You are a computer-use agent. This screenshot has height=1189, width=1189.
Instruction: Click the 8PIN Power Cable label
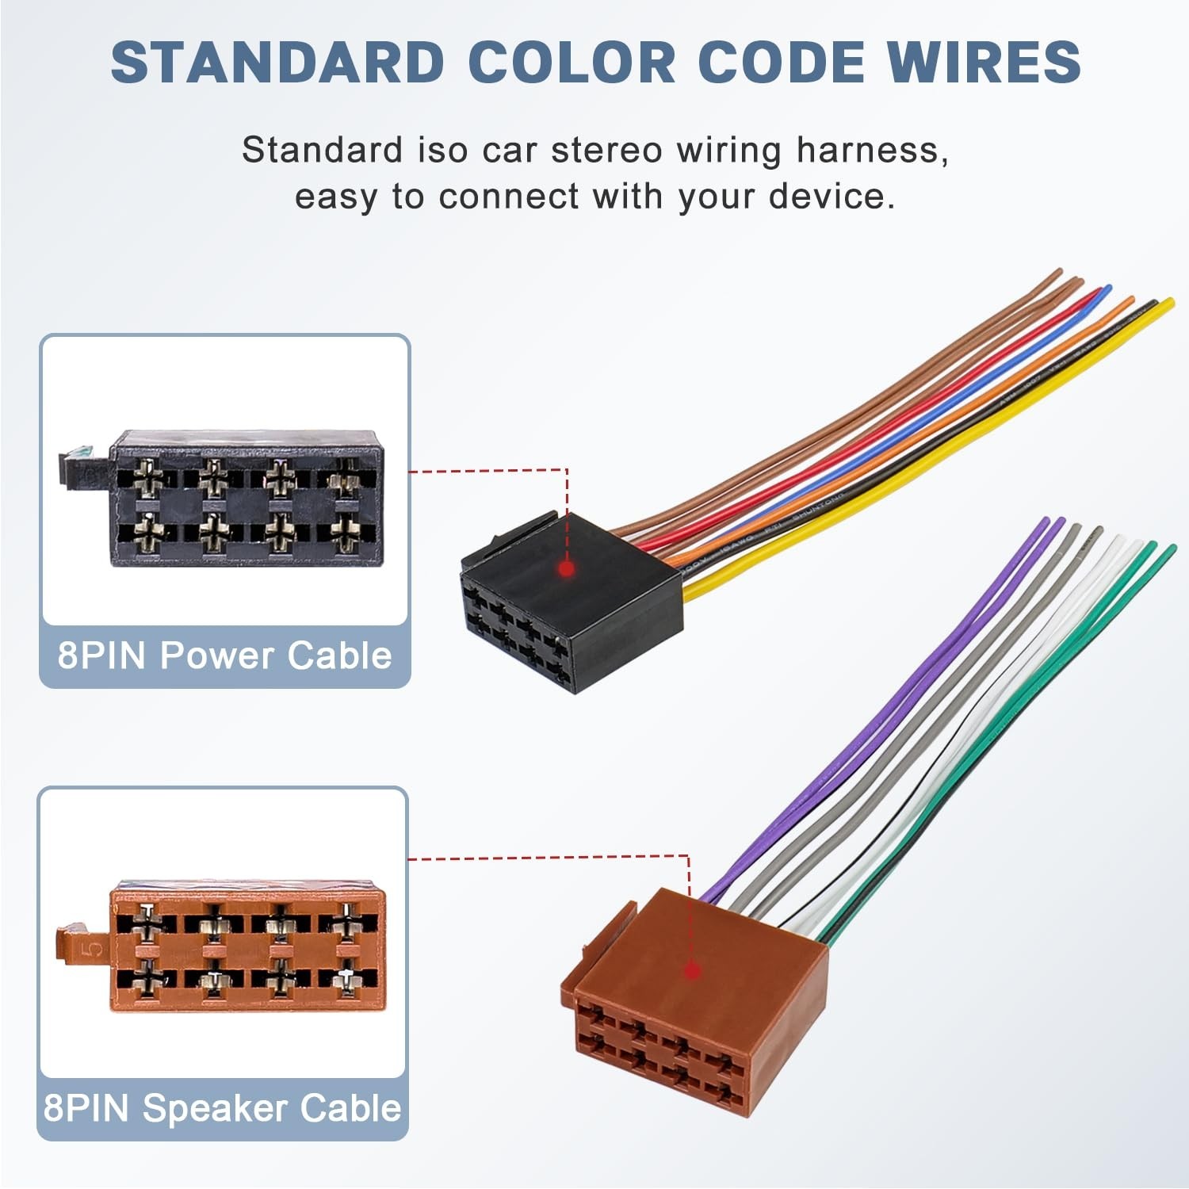(225, 656)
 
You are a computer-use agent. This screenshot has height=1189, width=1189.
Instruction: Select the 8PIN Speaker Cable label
(223, 1108)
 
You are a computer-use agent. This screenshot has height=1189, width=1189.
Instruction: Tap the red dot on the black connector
(566, 568)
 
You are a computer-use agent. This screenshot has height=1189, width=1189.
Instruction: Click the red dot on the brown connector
(692, 969)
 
